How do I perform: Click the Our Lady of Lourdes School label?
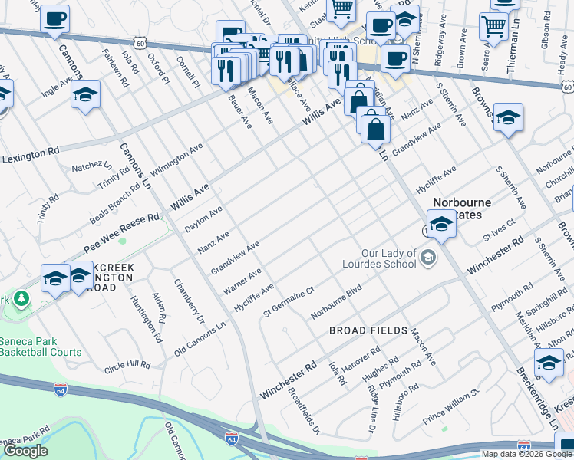(389, 258)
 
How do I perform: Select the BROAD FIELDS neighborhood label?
(368, 330)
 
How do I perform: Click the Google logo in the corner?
(26, 451)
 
